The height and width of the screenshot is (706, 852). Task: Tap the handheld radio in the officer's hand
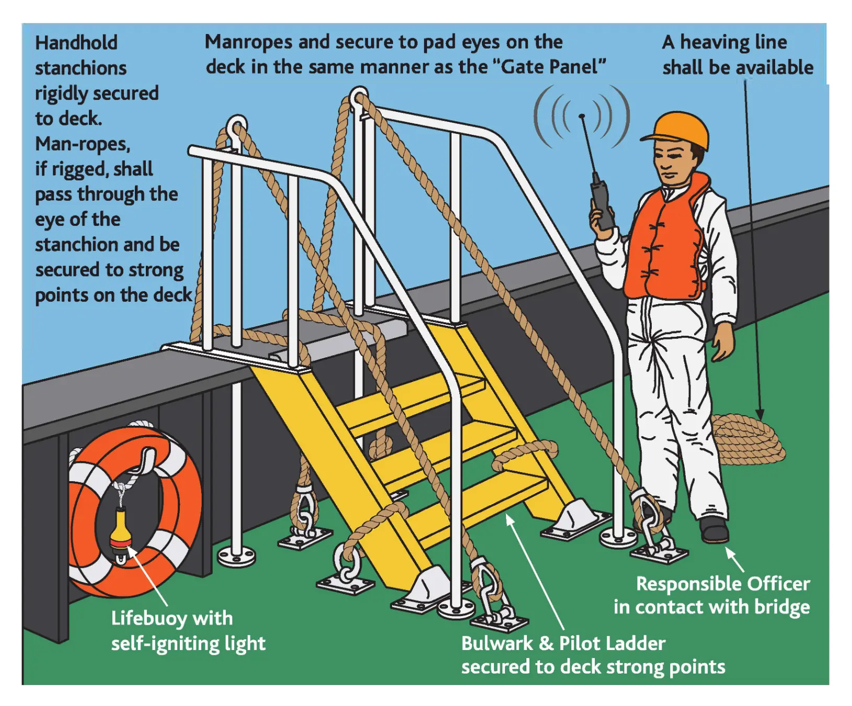click(x=602, y=204)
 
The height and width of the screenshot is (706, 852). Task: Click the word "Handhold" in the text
click(x=76, y=43)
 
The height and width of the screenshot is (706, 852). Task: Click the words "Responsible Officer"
click(x=723, y=584)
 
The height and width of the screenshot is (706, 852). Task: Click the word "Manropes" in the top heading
click(x=248, y=42)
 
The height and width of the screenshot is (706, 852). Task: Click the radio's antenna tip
click(x=582, y=116)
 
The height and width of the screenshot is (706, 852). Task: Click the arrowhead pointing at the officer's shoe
click(x=730, y=553)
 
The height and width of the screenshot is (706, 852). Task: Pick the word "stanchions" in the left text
click(x=81, y=69)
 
